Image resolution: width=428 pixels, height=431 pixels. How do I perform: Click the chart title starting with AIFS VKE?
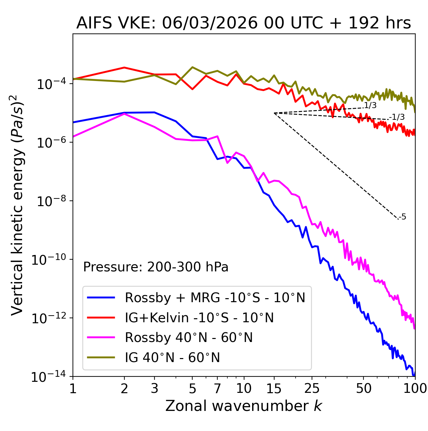tap(243, 23)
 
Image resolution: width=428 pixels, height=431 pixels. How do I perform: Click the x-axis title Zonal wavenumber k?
tap(243, 406)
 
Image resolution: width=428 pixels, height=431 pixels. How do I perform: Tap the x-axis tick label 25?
tap(312, 388)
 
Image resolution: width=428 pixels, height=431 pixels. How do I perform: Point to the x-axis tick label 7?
tap(217, 388)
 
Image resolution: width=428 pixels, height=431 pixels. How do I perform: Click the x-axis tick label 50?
tap(363, 388)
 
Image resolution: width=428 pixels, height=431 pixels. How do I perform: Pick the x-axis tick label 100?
tap(415, 388)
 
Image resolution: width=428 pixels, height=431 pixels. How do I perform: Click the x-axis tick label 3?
tap(154, 388)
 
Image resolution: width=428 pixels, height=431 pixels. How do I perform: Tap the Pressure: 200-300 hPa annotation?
tap(155, 267)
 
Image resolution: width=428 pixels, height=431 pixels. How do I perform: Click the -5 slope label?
tap(403, 217)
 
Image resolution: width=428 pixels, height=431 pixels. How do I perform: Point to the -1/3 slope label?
tap(397, 117)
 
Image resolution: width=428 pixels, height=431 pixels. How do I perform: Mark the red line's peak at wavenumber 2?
tap(124, 68)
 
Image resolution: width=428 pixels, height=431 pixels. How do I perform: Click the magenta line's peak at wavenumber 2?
tap(124, 114)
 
